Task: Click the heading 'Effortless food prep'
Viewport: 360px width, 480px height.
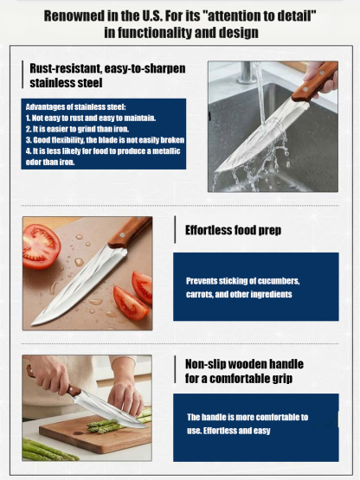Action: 233,231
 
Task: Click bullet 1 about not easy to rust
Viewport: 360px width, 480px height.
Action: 91,118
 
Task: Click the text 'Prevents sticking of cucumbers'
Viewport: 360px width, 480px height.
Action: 243,281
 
